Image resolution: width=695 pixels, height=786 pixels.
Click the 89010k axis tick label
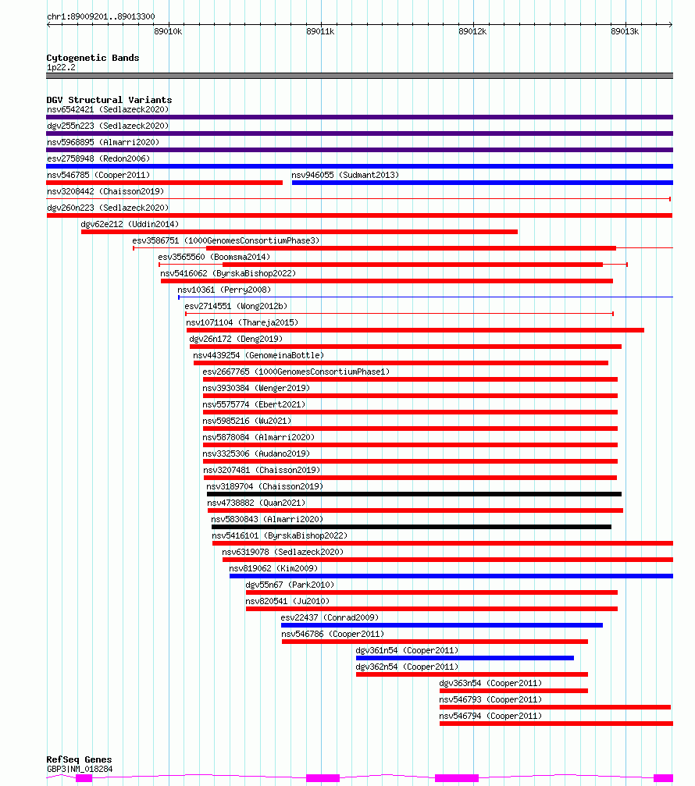click(x=168, y=31)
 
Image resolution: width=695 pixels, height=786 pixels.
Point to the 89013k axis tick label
click(x=625, y=31)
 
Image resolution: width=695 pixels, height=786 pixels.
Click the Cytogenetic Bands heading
click(x=93, y=58)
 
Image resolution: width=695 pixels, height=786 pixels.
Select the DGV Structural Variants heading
click(x=109, y=100)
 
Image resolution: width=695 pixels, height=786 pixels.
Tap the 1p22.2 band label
click(x=61, y=67)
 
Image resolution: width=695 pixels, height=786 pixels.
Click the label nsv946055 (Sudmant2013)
click(x=345, y=175)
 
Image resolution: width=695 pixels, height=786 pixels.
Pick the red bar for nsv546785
click(x=165, y=183)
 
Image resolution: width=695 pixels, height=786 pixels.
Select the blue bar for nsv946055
click(x=483, y=183)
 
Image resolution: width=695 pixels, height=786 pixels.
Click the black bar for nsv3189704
click(x=414, y=494)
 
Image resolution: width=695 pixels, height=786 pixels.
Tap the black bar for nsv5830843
click(x=412, y=527)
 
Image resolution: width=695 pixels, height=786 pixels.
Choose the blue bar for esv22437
click(x=442, y=625)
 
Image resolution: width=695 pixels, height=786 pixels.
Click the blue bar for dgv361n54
click(x=465, y=658)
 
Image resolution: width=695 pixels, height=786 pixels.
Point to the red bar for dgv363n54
click(x=514, y=691)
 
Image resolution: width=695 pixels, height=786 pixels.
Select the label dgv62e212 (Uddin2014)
click(x=130, y=224)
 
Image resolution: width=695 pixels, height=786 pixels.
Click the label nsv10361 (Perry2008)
click(x=224, y=290)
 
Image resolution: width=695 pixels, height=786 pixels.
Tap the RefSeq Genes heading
click(x=79, y=759)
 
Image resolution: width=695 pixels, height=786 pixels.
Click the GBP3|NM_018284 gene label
click(x=80, y=769)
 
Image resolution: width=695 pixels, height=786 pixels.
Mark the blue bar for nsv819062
click(x=451, y=576)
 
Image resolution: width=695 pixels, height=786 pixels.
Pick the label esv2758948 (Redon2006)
click(x=98, y=158)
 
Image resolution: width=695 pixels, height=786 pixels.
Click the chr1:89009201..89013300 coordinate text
click(x=101, y=16)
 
